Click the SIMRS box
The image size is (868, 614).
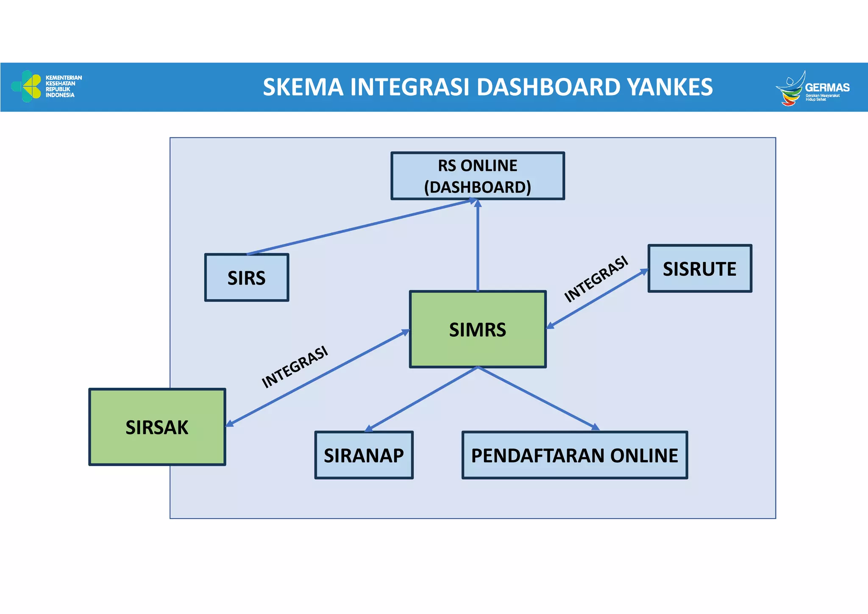478,329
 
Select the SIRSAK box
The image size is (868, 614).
157,427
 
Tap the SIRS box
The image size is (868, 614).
246,278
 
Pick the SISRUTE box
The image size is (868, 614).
700,268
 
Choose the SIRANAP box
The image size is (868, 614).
364,455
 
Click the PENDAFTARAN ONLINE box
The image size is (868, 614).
574,455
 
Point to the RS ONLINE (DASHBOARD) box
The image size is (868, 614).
478,176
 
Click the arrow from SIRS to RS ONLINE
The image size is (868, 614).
360,227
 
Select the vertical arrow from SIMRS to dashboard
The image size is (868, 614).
478,246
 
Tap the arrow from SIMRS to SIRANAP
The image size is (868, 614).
422,399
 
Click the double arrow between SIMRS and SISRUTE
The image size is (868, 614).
598,299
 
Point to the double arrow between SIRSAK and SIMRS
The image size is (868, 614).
318,377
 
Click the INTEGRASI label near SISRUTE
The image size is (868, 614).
595,279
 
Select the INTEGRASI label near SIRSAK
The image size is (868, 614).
295,367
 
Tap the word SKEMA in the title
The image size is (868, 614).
303,87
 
